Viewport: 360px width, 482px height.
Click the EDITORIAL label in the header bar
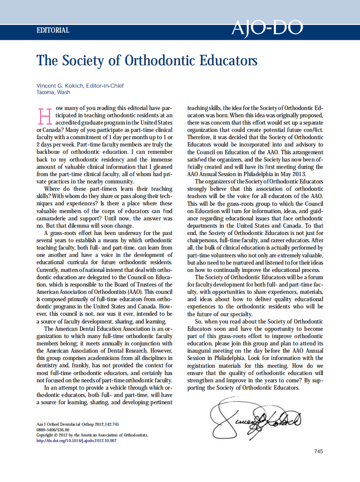[53, 31]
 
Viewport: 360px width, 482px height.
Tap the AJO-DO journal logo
[267, 28]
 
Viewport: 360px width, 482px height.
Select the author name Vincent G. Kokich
[60, 85]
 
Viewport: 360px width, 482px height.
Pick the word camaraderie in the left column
[55, 219]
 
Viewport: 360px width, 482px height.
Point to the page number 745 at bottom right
[318, 451]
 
